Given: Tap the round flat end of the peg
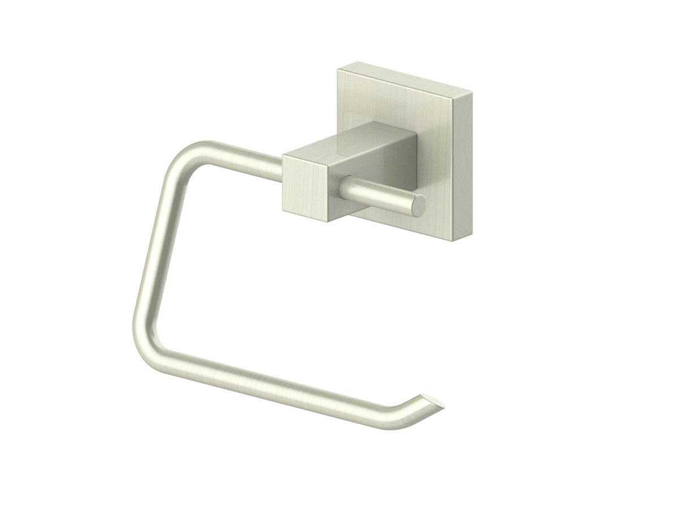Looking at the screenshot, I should coord(419,204).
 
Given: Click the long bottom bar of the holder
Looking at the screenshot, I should coord(271,384).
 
